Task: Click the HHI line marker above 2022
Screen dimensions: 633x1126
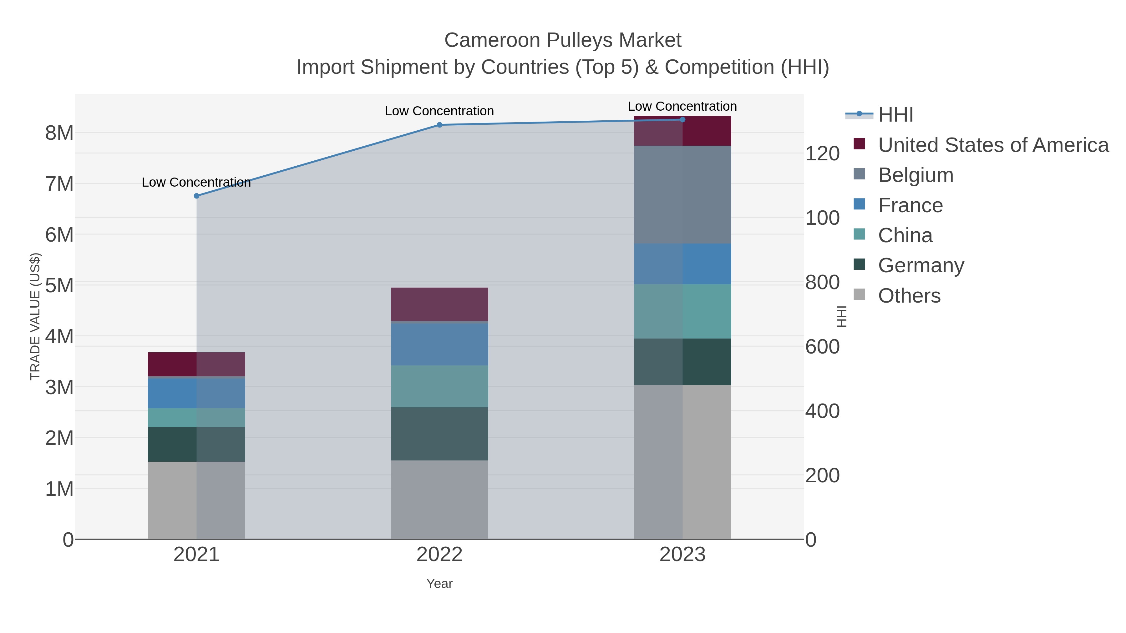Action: point(439,125)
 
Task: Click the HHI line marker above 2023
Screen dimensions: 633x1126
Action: point(682,120)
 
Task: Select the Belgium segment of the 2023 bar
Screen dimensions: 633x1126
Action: point(682,194)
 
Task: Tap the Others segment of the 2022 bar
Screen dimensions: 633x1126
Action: point(439,499)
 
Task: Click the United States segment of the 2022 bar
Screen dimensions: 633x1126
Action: point(439,304)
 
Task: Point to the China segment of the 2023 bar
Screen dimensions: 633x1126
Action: point(682,311)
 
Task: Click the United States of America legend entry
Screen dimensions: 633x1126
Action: point(993,145)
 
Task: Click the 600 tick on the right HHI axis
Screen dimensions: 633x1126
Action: point(822,347)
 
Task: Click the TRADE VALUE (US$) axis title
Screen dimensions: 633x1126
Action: point(35,316)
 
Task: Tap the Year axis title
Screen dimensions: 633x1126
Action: point(439,584)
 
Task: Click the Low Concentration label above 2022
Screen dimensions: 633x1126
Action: point(439,111)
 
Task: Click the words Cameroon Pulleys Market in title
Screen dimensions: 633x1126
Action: point(563,40)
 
